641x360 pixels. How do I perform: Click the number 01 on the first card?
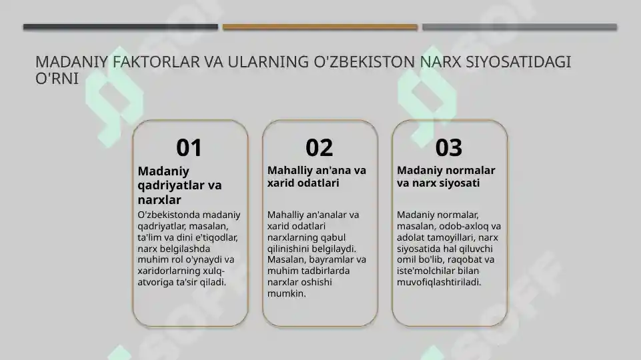(x=189, y=147)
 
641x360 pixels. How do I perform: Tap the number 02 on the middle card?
(x=319, y=147)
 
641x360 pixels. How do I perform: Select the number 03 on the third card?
(x=448, y=147)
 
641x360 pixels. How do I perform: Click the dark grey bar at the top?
(x=121, y=27)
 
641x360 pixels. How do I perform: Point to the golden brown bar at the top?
(x=319, y=27)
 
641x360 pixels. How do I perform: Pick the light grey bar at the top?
(x=519, y=27)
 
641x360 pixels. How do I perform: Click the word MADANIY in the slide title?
(x=72, y=63)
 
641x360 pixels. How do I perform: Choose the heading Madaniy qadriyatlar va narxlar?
(x=179, y=185)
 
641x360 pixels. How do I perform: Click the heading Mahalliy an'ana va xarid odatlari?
(x=317, y=177)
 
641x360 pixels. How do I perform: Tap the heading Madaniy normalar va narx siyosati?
(x=446, y=177)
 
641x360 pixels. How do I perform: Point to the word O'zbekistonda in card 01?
(x=167, y=215)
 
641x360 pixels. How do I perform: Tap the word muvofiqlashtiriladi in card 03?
(x=439, y=282)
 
